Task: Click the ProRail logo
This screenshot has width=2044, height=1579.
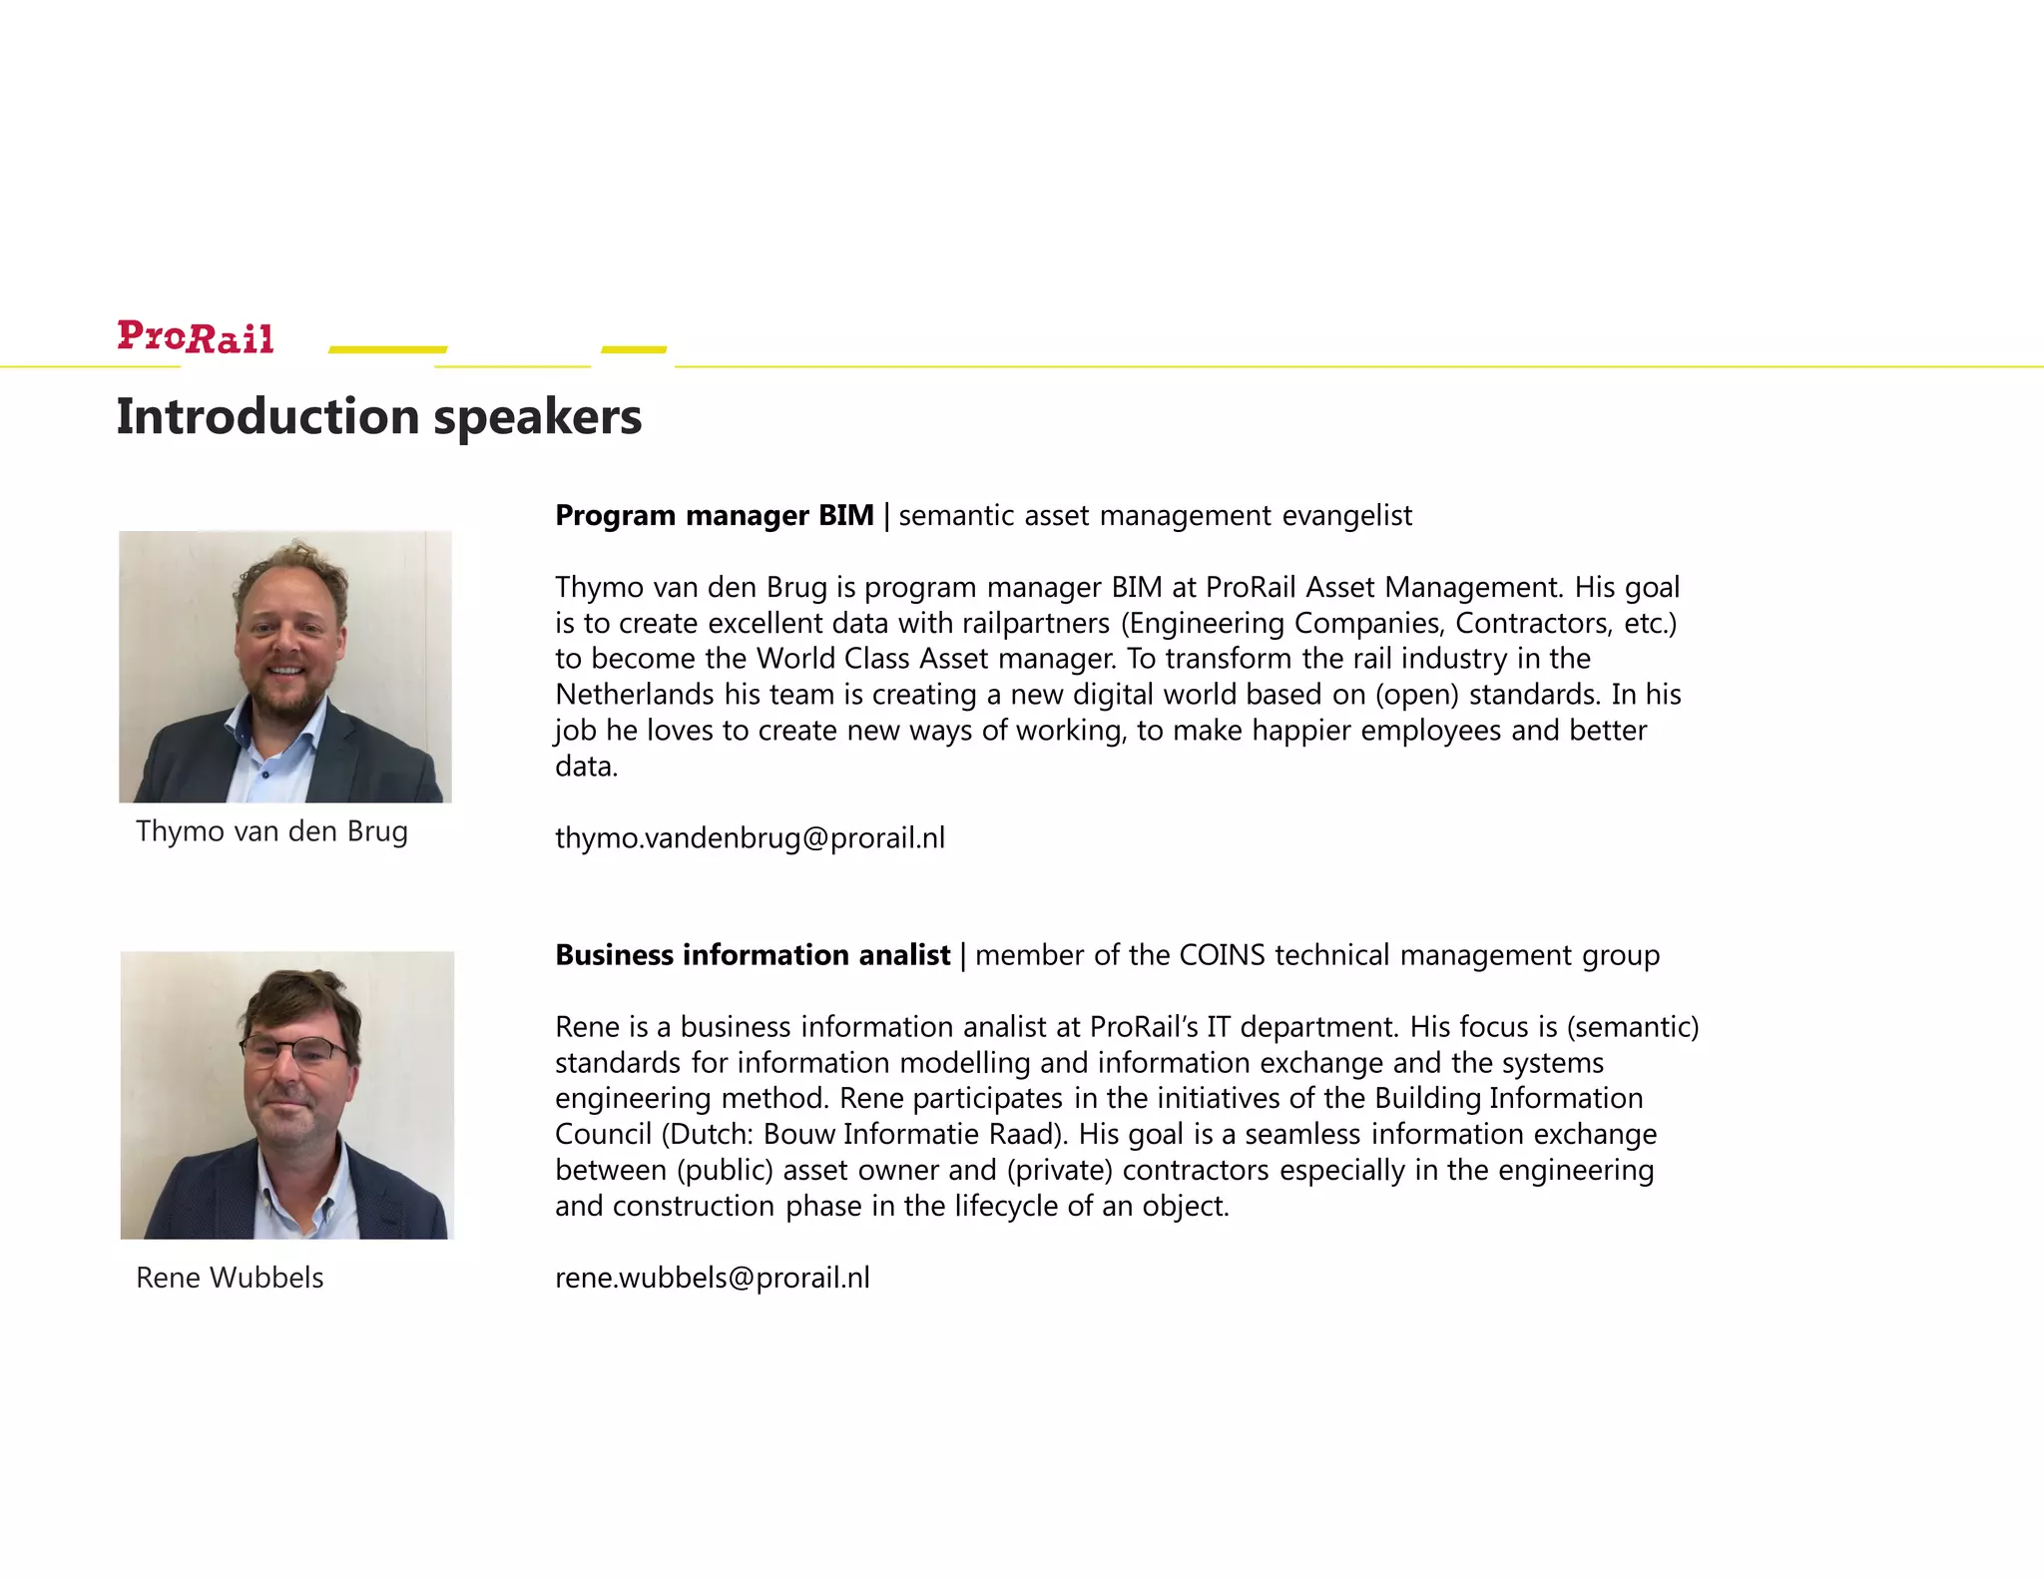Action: tap(196, 337)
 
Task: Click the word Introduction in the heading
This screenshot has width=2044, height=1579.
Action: tap(266, 416)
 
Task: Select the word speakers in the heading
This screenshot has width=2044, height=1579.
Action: tap(538, 418)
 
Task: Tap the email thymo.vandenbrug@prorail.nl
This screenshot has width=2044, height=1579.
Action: tap(750, 837)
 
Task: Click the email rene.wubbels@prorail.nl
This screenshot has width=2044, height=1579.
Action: tap(712, 1278)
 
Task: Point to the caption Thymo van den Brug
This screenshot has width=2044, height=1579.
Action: tap(271, 831)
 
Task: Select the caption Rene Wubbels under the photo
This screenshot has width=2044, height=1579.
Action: tap(230, 1278)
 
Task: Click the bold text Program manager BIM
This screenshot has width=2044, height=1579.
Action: tap(714, 515)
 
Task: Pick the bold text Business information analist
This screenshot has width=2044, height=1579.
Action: tap(753, 955)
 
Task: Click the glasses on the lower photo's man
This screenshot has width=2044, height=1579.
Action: tap(293, 1050)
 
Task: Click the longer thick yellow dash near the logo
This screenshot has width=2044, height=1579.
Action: tap(387, 349)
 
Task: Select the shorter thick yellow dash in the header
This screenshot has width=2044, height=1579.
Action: tap(634, 349)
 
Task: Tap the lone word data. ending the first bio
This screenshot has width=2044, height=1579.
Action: tap(586, 767)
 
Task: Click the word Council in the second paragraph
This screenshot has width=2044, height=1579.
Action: tap(603, 1135)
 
